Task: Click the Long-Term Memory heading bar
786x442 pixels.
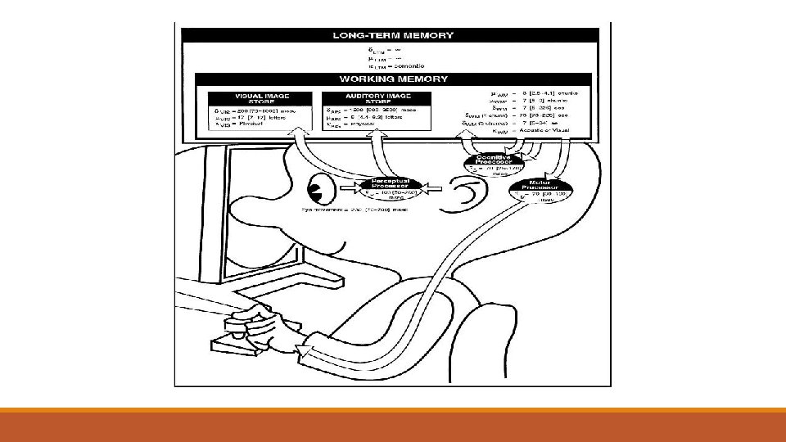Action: (392, 36)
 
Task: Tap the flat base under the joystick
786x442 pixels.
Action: (246, 344)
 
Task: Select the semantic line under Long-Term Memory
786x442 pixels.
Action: (392, 65)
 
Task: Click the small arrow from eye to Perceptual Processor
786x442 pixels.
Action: (344, 192)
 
